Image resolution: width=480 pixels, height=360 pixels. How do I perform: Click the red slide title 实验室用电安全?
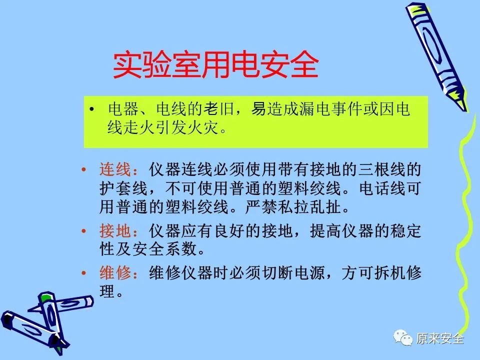coord(216,65)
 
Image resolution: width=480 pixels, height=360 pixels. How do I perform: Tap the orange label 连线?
coord(115,169)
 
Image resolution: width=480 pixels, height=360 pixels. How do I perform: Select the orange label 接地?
coord(115,231)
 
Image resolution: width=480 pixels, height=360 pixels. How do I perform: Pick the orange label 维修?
coord(115,272)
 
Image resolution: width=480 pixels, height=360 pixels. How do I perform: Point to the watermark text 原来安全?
coord(440,338)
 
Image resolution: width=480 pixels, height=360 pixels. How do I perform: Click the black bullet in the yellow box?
coord(91,109)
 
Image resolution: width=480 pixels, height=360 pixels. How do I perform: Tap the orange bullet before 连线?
coord(83,169)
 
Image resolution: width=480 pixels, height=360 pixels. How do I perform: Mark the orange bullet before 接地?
coord(83,231)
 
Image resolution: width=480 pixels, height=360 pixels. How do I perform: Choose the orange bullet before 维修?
coord(83,272)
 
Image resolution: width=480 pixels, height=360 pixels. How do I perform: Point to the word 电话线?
coord(381,188)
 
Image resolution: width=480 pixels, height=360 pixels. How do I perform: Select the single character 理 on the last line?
coord(107,291)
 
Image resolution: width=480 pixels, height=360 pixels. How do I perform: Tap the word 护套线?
coord(123,188)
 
